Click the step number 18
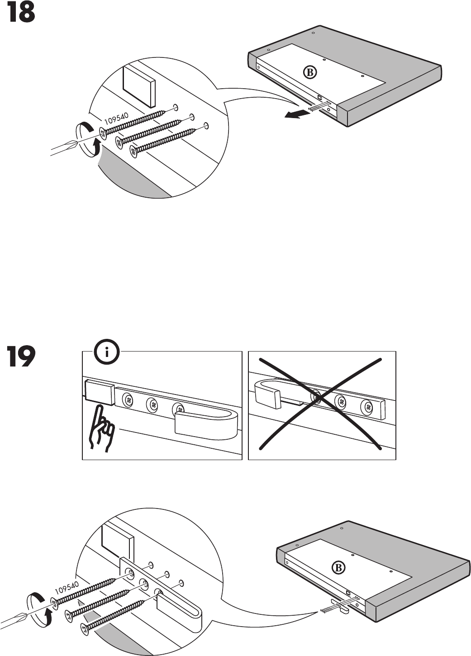[x=20, y=14]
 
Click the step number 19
[x=20, y=357]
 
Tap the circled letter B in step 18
[x=310, y=72]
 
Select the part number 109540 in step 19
[x=67, y=588]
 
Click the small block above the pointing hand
[x=99, y=391]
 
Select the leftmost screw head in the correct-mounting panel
[x=128, y=399]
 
